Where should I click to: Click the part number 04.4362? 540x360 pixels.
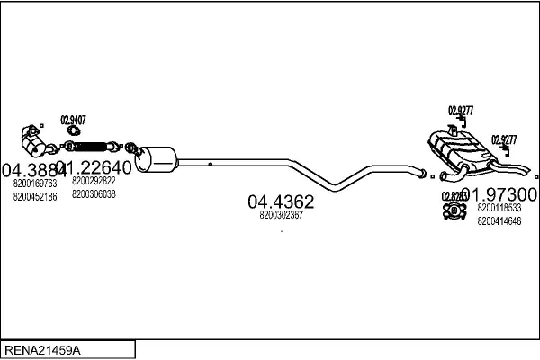coord(280,202)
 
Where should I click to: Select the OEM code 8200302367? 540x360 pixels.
coord(280,215)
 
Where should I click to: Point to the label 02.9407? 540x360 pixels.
coord(74,120)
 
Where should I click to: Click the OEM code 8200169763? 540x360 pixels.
coord(35,184)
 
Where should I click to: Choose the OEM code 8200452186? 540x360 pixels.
coord(35,195)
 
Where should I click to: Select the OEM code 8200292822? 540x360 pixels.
coord(94,181)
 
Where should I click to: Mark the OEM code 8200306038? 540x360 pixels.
coord(94,193)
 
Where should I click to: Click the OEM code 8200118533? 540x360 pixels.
coord(499,208)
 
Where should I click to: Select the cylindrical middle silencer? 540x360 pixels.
coord(156,159)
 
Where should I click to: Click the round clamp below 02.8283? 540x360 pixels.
coord(454,211)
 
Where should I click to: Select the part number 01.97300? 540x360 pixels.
coord(499,194)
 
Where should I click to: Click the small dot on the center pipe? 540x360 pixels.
coord(210,164)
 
